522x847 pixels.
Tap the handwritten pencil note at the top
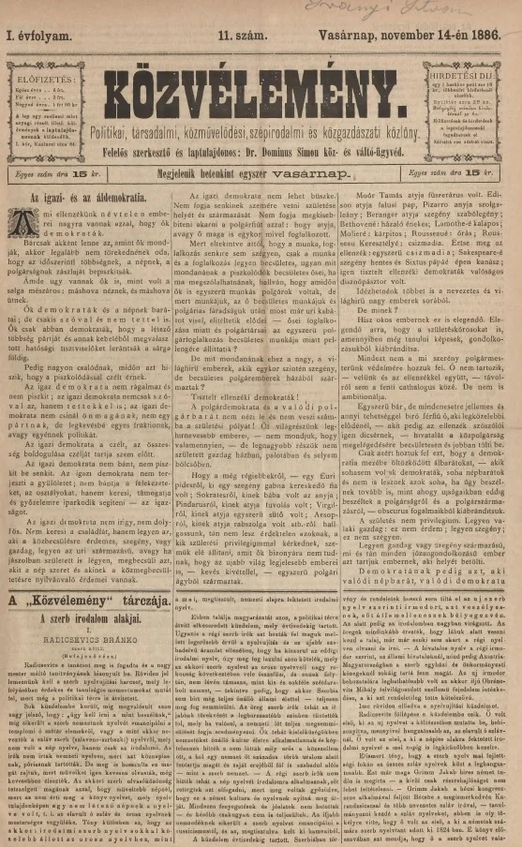click(x=384, y=10)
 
